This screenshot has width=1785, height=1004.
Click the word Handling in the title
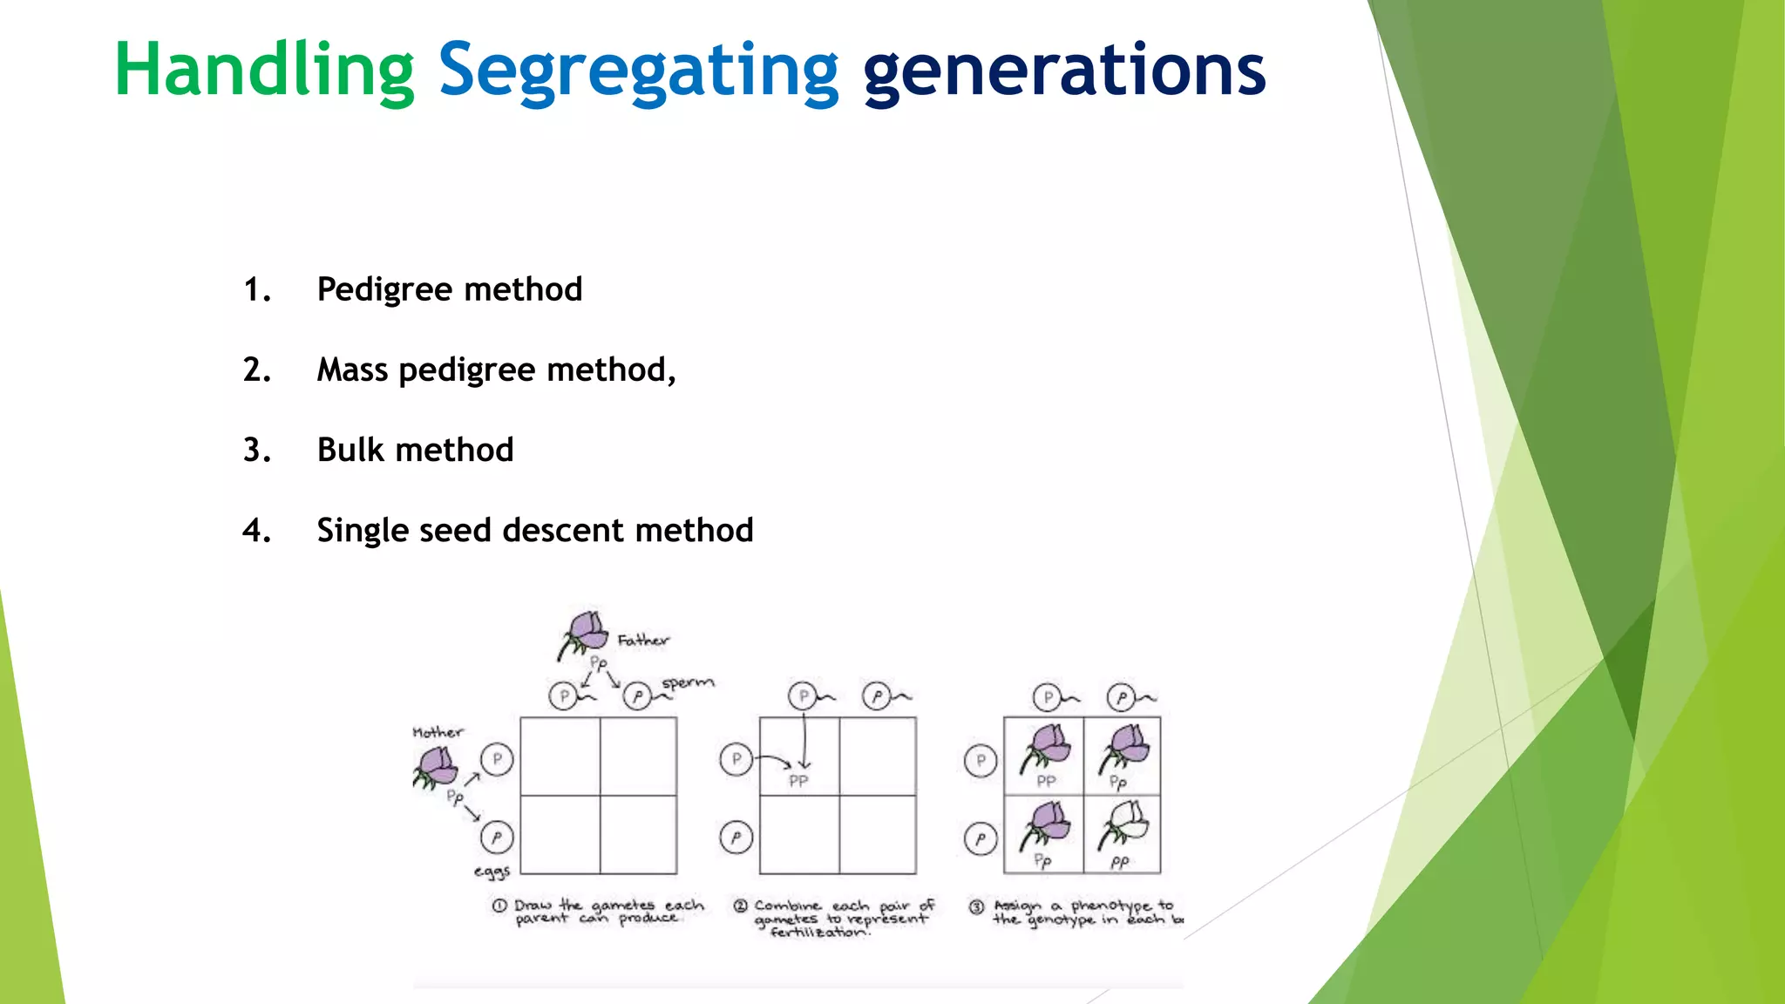click(264, 70)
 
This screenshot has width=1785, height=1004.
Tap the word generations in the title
click(1063, 70)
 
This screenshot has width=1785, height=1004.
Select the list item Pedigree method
click(449, 289)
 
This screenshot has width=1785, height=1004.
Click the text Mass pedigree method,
click(496, 370)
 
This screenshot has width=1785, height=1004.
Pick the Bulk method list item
click(415, 450)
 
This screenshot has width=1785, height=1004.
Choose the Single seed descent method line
click(534, 530)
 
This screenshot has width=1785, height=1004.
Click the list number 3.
click(256, 450)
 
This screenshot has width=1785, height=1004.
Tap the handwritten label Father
click(643, 641)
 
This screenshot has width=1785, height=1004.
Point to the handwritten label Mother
click(438, 732)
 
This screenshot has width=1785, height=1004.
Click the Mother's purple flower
click(435, 768)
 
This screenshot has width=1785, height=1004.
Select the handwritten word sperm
click(687, 682)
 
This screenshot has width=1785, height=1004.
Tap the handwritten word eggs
click(492, 871)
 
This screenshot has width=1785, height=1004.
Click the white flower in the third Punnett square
click(1124, 824)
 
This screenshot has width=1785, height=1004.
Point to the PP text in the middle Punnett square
click(798, 781)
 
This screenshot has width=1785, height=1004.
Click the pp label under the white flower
click(1119, 862)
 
